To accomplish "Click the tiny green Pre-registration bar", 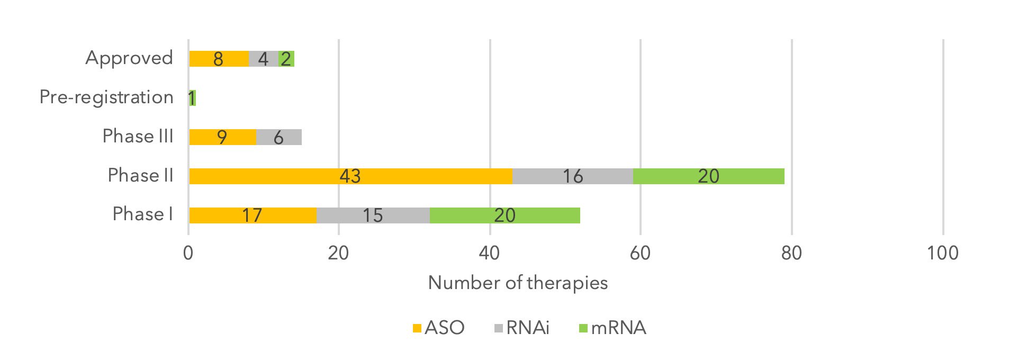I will (193, 98).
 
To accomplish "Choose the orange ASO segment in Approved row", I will (233, 59).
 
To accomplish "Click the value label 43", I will (350, 176).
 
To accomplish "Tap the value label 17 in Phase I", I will (252, 215).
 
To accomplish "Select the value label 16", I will (572, 176).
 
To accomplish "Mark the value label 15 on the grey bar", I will (372, 215).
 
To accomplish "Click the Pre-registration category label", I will (106, 97).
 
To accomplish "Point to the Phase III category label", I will (138, 137).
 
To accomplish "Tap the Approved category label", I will (129, 58).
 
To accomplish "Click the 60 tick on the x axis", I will (640, 253).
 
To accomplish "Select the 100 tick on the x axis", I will (942, 253).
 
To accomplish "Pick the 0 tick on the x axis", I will (188, 253).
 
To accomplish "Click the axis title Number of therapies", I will (518, 283).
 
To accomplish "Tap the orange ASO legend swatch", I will (417, 328).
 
